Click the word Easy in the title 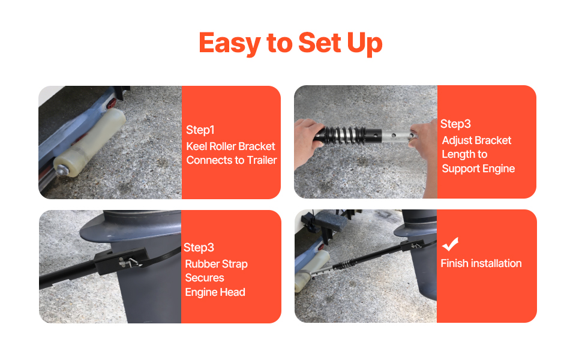pyautogui.click(x=230, y=44)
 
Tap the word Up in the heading pyautogui.click(x=364, y=44)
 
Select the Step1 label pyautogui.click(x=200, y=130)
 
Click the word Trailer pyautogui.click(x=262, y=160)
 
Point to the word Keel pyautogui.click(x=196, y=146)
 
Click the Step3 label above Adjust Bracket pyautogui.click(x=455, y=124)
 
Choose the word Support pyautogui.click(x=460, y=169)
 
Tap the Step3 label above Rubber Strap pyautogui.click(x=199, y=248)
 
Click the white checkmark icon pyautogui.click(x=450, y=244)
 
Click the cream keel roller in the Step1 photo pyautogui.click(x=89, y=142)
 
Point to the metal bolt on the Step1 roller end pyautogui.click(x=61, y=170)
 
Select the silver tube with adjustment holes pyautogui.click(x=397, y=136)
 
